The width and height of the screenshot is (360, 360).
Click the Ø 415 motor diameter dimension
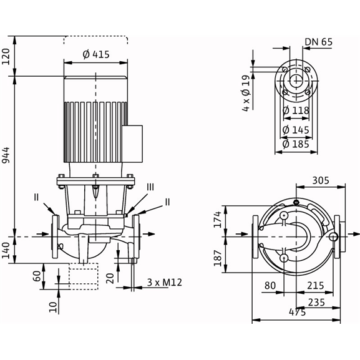(x=96, y=55)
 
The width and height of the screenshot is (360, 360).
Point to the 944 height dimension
(x=6, y=155)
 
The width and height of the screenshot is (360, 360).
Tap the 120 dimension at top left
(x=6, y=57)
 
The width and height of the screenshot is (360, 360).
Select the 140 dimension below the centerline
(x=6, y=250)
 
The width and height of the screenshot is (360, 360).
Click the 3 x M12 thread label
(x=164, y=283)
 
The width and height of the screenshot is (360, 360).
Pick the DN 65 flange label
(x=318, y=42)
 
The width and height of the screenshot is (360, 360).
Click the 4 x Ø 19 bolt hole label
(x=246, y=93)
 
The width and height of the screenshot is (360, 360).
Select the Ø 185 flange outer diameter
(x=296, y=144)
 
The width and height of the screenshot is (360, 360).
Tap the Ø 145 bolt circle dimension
(x=296, y=130)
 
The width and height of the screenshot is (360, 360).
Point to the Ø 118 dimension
(x=296, y=110)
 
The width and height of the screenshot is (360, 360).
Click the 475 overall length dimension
(x=298, y=312)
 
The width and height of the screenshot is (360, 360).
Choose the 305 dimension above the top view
(x=321, y=180)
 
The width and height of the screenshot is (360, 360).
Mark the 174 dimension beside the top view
(x=218, y=220)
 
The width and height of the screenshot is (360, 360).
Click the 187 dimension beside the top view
(x=218, y=258)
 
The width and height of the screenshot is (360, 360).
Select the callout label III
(x=150, y=187)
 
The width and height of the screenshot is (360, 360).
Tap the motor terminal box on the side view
(x=132, y=144)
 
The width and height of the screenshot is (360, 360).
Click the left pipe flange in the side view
(x=56, y=236)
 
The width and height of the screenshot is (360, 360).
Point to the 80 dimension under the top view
(x=270, y=286)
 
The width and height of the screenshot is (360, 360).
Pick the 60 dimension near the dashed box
(x=37, y=276)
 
